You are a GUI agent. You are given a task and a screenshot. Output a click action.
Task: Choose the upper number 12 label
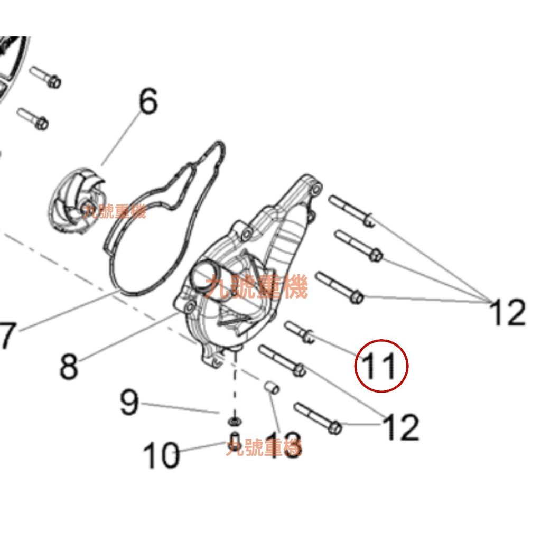click(508, 312)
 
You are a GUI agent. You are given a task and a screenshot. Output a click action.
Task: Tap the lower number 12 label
click(401, 427)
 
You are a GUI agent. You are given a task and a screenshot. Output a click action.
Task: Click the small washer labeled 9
click(233, 421)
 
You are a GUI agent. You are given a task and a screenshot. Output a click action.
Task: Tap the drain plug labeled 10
click(235, 441)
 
